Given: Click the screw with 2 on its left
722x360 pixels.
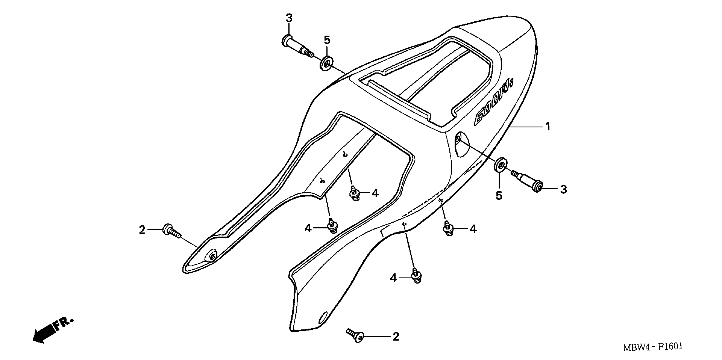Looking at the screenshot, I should pyautogui.click(x=171, y=231).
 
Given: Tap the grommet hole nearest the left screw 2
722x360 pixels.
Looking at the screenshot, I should pyautogui.click(x=211, y=257).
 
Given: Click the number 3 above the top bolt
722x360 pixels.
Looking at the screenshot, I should pyautogui.click(x=289, y=18).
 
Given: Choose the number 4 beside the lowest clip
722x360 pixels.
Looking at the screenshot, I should pyautogui.click(x=394, y=278).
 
